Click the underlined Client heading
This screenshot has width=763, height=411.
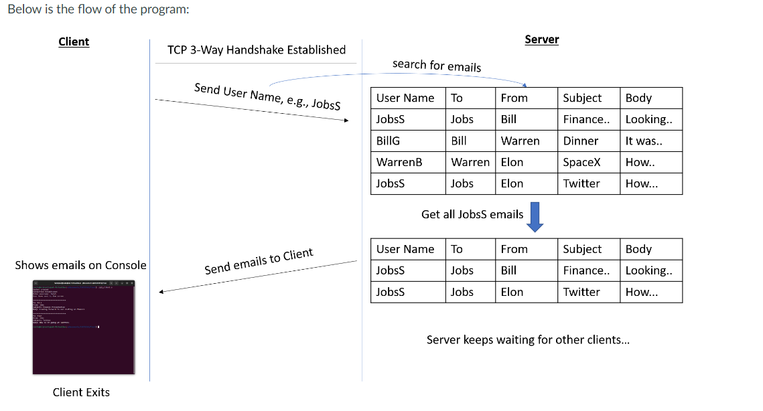tap(74, 42)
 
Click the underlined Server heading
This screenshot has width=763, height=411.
tap(541, 39)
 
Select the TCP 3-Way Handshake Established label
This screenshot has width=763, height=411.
tap(256, 50)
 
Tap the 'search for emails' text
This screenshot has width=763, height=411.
tap(436, 65)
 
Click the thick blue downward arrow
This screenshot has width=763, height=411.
tap(535, 217)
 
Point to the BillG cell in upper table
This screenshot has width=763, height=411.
tap(388, 141)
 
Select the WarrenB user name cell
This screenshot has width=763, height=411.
tap(399, 162)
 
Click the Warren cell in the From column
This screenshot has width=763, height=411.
tap(520, 141)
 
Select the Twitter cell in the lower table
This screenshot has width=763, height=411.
tap(581, 292)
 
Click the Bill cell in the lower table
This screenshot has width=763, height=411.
tap(508, 270)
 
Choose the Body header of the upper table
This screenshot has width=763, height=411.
tap(638, 98)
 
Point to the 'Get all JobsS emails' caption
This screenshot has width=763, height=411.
tap(472, 214)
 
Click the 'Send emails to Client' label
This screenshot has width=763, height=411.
tap(259, 261)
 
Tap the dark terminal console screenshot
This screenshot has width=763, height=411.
tap(84, 327)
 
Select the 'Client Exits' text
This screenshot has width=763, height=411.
tap(81, 392)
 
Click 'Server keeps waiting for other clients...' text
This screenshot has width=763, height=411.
tap(528, 339)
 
